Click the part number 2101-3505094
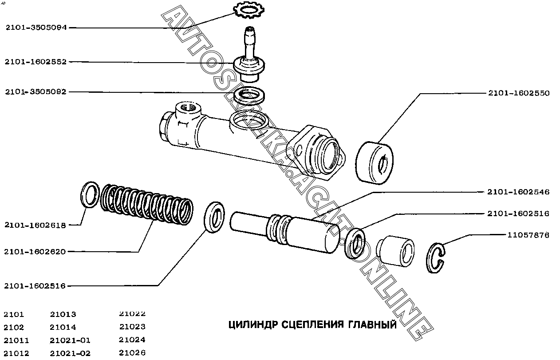[36, 28]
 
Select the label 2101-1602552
[36, 62]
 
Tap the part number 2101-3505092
[36, 92]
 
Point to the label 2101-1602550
[518, 93]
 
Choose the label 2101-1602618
[35, 225]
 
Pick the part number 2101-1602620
[35, 252]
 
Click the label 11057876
[528, 235]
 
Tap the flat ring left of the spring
[90, 194]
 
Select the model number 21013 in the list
[63, 314]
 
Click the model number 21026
[132, 353]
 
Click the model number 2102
[14, 328]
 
